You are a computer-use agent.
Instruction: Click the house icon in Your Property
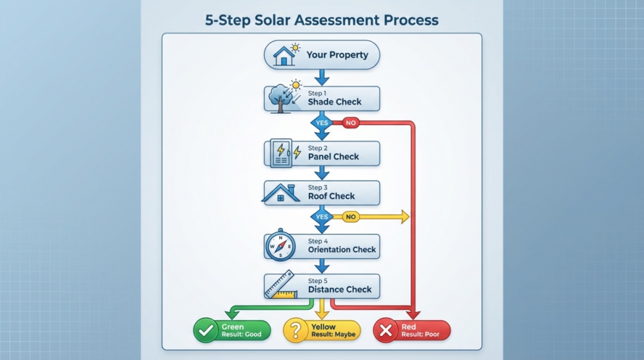(284, 55)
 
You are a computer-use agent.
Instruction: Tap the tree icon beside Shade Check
(278, 98)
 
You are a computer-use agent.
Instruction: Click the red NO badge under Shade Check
(350, 123)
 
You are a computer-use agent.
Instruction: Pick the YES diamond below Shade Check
(322, 123)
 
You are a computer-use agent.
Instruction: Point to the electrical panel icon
(281, 153)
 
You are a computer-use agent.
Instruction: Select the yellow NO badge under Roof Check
(350, 217)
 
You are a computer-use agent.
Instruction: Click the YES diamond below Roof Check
(322, 217)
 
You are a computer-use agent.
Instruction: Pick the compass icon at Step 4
(280, 246)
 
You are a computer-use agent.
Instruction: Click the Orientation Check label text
(342, 250)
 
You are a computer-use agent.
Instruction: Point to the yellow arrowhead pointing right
(404, 217)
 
